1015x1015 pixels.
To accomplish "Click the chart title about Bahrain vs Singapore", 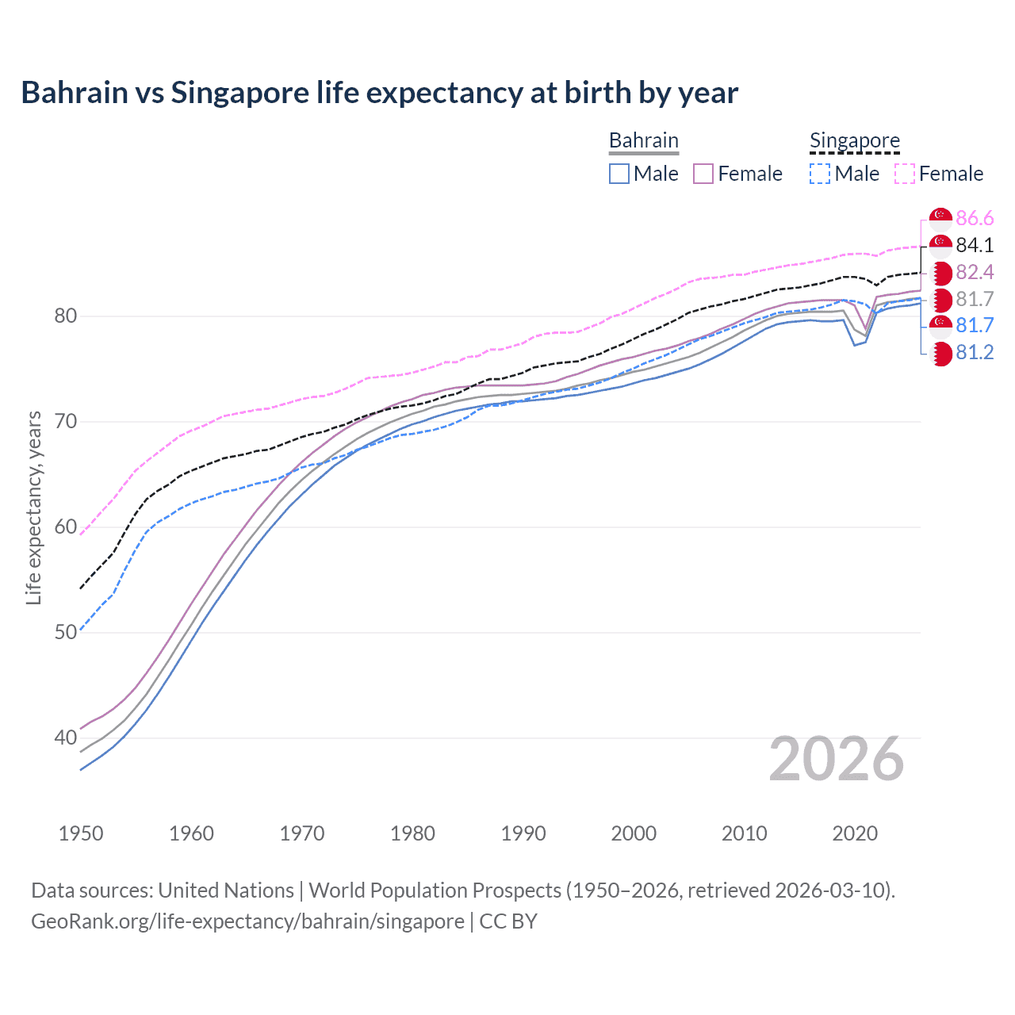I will pos(379,93).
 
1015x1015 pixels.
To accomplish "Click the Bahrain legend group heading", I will pos(643,141).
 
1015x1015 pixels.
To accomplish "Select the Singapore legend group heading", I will pos(854,141).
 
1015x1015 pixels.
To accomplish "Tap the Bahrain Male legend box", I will pos(619,174).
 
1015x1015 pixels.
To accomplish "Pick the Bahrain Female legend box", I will pos(703,174).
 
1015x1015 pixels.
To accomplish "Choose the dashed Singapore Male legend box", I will pos(820,174).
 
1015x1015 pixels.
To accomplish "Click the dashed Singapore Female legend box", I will pos(905,174).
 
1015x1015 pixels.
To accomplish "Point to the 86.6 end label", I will pos(975,219).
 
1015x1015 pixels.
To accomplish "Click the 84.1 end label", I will pos(975,246).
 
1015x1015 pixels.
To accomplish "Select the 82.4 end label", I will pos(975,273).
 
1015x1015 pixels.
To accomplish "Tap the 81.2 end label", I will pos(975,353).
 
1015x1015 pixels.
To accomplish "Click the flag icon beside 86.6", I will pos(940,219).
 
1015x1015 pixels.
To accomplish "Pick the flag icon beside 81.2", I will pos(940,354).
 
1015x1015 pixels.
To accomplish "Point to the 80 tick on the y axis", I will pos(65,316).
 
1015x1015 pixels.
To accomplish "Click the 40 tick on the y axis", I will pos(65,737).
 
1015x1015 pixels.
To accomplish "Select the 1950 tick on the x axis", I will pos(81,833).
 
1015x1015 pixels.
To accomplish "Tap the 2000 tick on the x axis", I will pos(634,833).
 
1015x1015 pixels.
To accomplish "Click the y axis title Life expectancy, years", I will pos(33,507).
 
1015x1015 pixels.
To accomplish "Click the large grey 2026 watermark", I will pos(837,759).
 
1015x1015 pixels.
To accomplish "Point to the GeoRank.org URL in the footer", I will pos(247,921).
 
